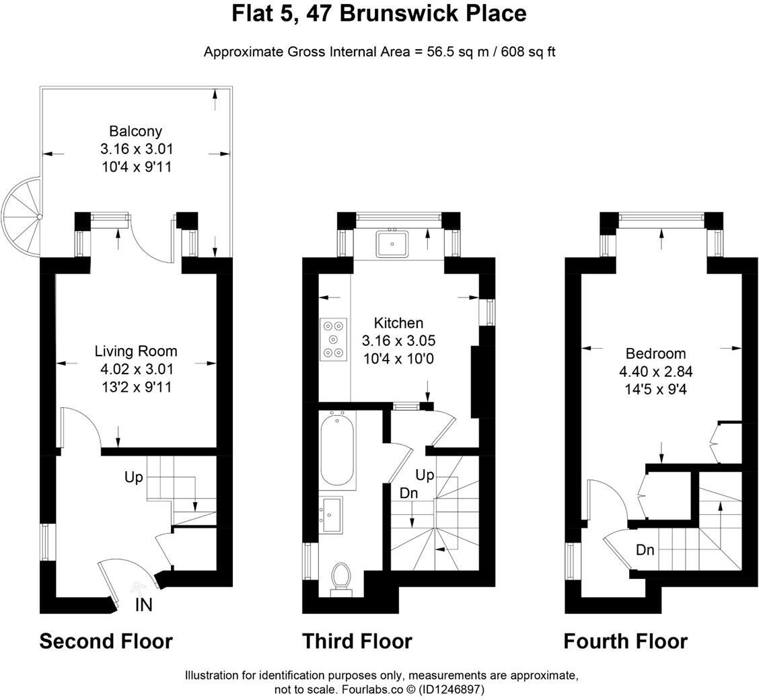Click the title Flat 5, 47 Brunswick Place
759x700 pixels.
tap(379, 13)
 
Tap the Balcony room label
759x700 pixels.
tap(136, 131)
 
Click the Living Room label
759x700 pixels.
tap(136, 351)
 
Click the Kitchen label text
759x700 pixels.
tap(398, 323)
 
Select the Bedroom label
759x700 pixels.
tap(655, 354)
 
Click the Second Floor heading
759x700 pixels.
tap(106, 641)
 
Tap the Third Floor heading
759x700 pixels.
tap(357, 641)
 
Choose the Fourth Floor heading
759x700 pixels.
tap(625, 641)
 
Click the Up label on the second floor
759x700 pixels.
tap(133, 477)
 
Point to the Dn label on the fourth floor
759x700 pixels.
tap(645, 550)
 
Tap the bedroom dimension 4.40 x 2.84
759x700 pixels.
tap(655, 372)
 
